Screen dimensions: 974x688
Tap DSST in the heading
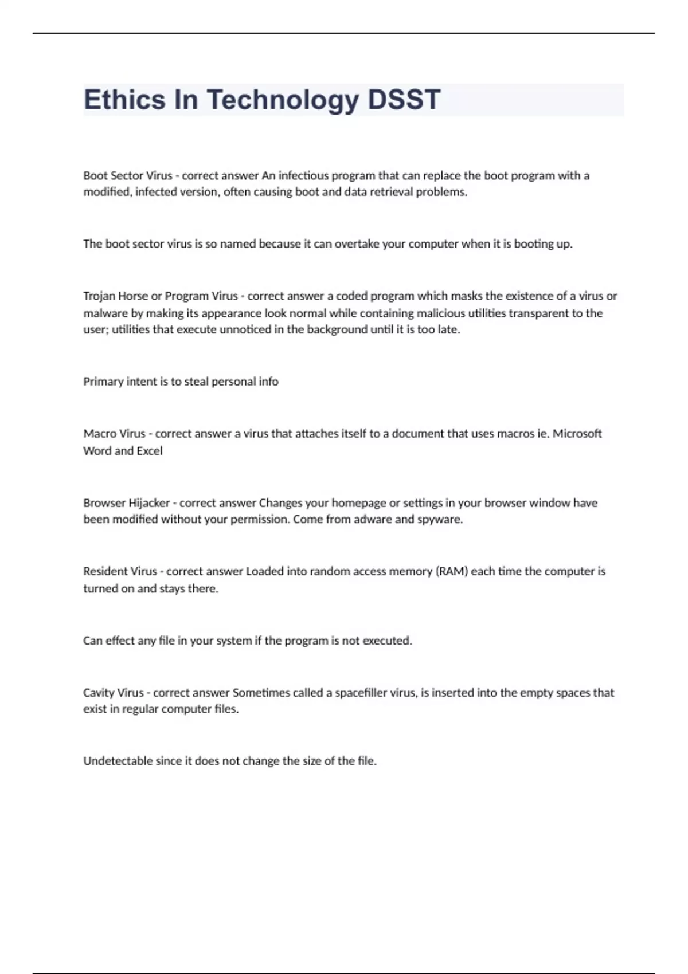(404, 100)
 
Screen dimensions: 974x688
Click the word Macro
(99, 434)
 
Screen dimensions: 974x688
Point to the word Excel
(149, 451)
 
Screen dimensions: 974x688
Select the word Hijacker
(148, 503)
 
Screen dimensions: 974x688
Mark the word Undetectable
(118, 761)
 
